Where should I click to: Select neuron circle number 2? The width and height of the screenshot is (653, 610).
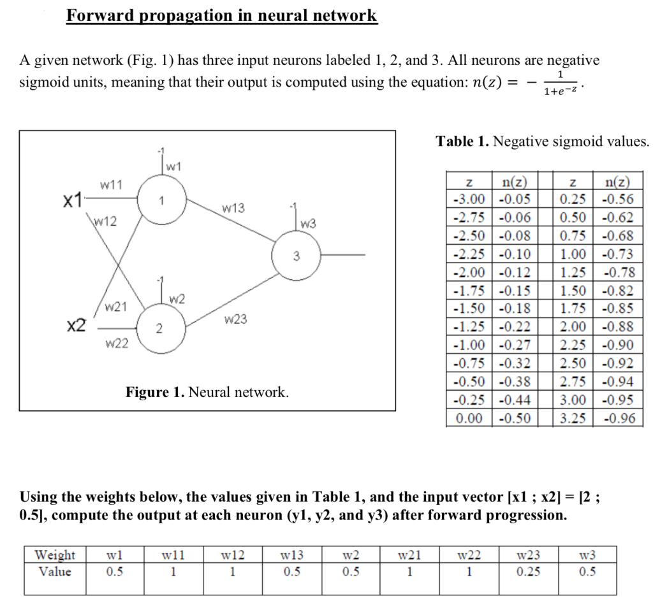pyautogui.click(x=159, y=329)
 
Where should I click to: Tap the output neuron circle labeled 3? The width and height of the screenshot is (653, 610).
pyautogui.click(x=296, y=256)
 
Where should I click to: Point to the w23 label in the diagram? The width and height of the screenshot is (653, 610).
pyautogui.click(x=235, y=319)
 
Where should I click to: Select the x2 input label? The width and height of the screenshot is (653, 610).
pyautogui.click(x=77, y=326)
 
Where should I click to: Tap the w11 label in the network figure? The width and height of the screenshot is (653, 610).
pyautogui.click(x=112, y=185)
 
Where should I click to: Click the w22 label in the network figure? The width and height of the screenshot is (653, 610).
pyautogui.click(x=117, y=344)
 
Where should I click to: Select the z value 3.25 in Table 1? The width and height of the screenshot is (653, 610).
pyautogui.click(x=573, y=419)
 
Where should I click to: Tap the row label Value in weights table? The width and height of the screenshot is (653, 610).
pyautogui.click(x=55, y=572)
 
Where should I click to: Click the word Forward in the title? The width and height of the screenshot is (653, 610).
pyautogui.click(x=98, y=15)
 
